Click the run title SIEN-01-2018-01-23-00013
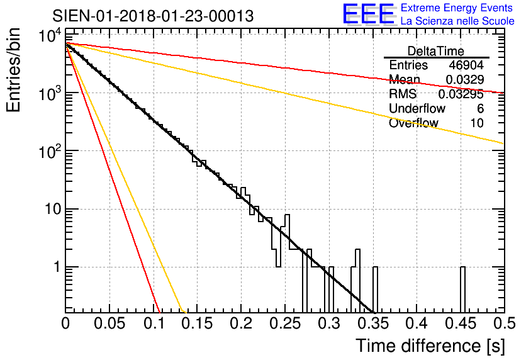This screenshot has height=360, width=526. point(153,16)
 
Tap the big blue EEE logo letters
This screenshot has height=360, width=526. point(368,15)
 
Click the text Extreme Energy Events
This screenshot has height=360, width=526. point(457,8)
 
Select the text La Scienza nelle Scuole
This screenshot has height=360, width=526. point(457,21)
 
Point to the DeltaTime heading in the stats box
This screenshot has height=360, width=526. point(436,51)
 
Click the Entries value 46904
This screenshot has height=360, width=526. point(466,65)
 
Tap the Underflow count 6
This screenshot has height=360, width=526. point(480,108)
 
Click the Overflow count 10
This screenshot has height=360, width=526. point(477,123)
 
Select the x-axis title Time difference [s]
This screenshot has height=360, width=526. point(429,346)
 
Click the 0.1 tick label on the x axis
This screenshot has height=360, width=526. point(153,323)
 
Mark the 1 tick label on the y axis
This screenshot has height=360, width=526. point(55,267)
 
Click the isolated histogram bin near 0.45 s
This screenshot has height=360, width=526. point(462,289)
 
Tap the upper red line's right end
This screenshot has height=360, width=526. point(502,93)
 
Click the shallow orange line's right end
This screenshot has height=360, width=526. point(502,143)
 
